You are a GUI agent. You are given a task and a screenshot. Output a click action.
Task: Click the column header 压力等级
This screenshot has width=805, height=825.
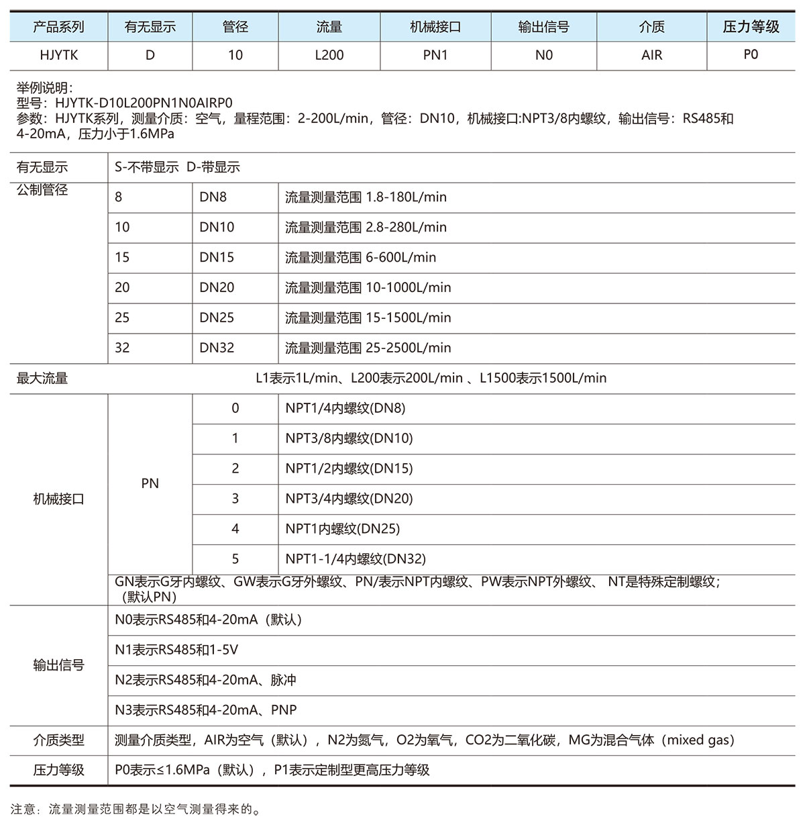[x=751, y=27]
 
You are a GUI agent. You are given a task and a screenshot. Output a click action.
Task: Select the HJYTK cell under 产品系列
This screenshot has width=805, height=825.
[x=59, y=55]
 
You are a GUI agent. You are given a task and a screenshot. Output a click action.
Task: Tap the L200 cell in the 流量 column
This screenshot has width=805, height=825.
[x=329, y=55]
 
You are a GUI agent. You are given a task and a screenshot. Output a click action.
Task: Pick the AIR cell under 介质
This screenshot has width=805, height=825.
[x=651, y=55]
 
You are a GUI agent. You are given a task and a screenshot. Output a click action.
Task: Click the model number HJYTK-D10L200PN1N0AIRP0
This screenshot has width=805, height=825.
[x=144, y=103]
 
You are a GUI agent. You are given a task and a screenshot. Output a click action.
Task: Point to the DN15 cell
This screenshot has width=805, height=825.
[x=217, y=257]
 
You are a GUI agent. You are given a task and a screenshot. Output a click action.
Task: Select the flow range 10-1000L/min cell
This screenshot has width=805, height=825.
[x=368, y=287]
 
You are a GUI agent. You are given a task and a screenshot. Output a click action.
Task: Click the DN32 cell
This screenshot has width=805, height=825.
[x=217, y=348]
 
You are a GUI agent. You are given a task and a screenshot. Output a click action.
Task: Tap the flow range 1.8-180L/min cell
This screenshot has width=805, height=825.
[x=366, y=197]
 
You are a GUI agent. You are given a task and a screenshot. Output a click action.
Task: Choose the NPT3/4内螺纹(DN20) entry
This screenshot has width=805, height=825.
[x=349, y=498]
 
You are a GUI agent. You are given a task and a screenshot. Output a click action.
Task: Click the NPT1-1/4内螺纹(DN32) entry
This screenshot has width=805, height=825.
[x=356, y=559]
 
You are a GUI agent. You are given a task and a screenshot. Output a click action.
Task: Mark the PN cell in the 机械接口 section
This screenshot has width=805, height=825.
[x=150, y=483]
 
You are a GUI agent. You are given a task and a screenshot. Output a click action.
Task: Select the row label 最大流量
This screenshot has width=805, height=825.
[x=42, y=378]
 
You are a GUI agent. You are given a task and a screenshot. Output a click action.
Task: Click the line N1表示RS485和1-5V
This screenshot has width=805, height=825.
[x=176, y=650]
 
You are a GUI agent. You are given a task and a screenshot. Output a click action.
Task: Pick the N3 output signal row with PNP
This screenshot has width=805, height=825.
[x=205, y=710]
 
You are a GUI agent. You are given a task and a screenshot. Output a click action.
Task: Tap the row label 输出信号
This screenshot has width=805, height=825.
[x=59, y=665]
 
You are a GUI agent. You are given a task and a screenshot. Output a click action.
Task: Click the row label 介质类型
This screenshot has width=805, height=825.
[x=59, y=740]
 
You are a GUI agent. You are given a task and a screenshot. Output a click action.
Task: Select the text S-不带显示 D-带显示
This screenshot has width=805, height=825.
[x=177, y=167]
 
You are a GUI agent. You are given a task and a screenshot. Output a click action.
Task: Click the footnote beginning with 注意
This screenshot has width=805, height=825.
[x=135, y=809]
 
